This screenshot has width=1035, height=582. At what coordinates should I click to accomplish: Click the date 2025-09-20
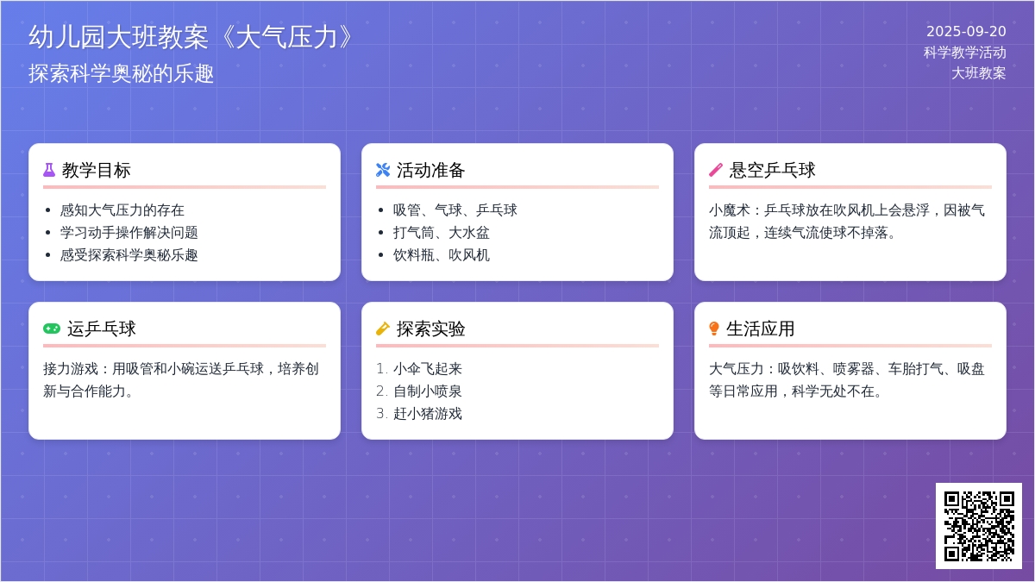(966, 32)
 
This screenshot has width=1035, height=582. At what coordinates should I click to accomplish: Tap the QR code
(979, 526)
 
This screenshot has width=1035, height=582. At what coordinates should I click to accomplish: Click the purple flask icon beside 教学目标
(49, 170)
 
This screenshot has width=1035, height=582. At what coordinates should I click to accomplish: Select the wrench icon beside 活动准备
(383, 170)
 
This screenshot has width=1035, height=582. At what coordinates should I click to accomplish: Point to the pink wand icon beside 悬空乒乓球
(716, 170)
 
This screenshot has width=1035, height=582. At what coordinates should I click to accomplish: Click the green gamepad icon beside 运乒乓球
(52, 329)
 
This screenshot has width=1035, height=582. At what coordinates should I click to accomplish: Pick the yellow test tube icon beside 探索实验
(383, 329)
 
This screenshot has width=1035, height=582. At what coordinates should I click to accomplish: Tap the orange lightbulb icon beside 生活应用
(714, 329)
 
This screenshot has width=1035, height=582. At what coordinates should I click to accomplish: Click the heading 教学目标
(97, 170)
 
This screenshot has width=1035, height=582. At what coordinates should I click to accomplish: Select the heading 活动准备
(431, 170)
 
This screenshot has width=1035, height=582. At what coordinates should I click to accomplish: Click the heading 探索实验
(431, 329)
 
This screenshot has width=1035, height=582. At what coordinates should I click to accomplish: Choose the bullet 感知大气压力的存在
(122, 210)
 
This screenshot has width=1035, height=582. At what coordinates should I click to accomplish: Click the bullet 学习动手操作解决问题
(129, 233)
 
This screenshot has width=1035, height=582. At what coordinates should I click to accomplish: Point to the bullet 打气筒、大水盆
(442, 233)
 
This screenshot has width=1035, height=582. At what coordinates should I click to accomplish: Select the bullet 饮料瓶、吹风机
(442, 255)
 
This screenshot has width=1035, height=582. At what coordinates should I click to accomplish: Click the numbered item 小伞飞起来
(428, 369)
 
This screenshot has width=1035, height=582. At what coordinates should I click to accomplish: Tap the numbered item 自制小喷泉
(428, 391)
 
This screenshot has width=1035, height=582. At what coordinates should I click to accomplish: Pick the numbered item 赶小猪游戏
(428, 414)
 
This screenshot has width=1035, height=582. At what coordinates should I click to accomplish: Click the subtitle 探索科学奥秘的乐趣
(122, 74)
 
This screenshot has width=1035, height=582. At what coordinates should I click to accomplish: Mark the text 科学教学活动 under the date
(965, 53)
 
